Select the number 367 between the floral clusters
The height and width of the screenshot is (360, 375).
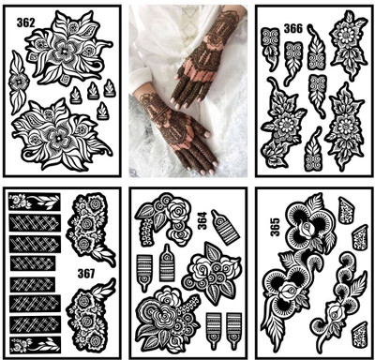tap(86, 274)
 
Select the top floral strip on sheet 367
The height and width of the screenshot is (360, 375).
tap(33, 201)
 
